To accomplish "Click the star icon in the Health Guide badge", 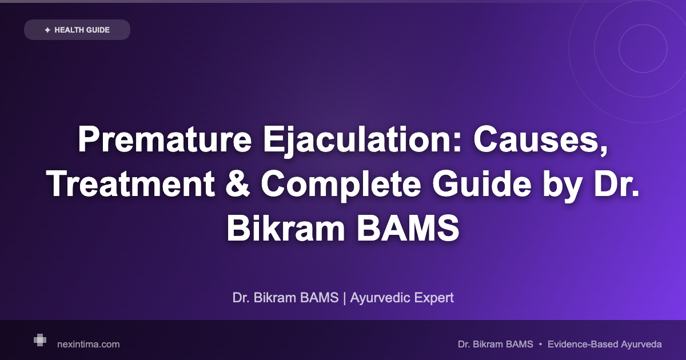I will point(47,30).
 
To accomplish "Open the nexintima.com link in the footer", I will point(89,344).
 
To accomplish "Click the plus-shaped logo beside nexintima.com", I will point(40,340).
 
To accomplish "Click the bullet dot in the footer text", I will point(540,344).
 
